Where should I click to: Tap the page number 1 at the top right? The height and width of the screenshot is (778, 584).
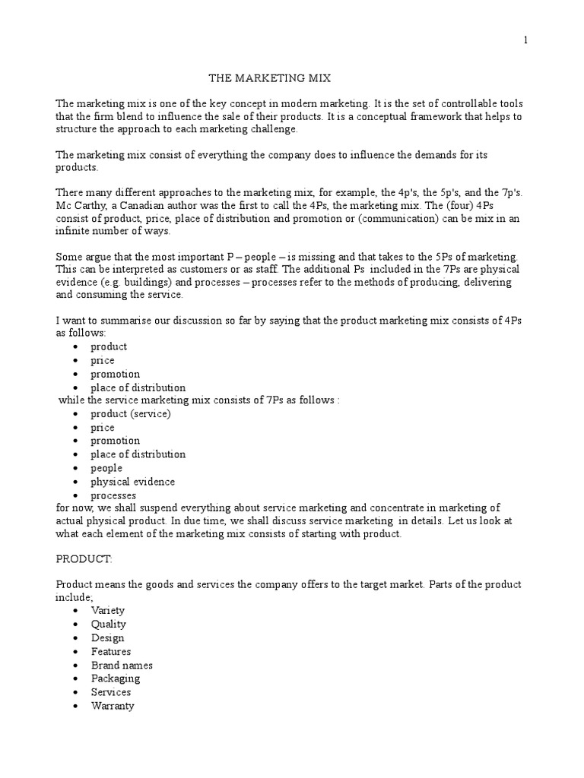pyautogui.click(x=525, y=41)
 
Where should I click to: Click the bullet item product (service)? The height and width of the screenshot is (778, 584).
pyautogui.click(x=131, y=413)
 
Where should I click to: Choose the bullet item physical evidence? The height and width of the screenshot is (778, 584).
pyautogui.click(x=133, y=482)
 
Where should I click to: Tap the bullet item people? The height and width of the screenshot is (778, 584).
pyautogui.click(x=106, y=468)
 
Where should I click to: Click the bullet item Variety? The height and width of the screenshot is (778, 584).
pyautogui.click(x=108, y=610)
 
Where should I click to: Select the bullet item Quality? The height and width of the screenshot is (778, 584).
pyautogui.click(x=109, y=624)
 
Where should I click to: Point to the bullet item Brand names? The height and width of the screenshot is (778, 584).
pyautogui.click(x=122, y=665)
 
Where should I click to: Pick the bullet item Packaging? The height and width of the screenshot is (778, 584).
pyautogui.click(x=116, y=678)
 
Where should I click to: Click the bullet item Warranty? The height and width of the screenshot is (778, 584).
pyautogui.click(x=113, y=706)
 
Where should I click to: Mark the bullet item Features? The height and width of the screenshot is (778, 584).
pyautogui.click(x=111, y=651)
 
